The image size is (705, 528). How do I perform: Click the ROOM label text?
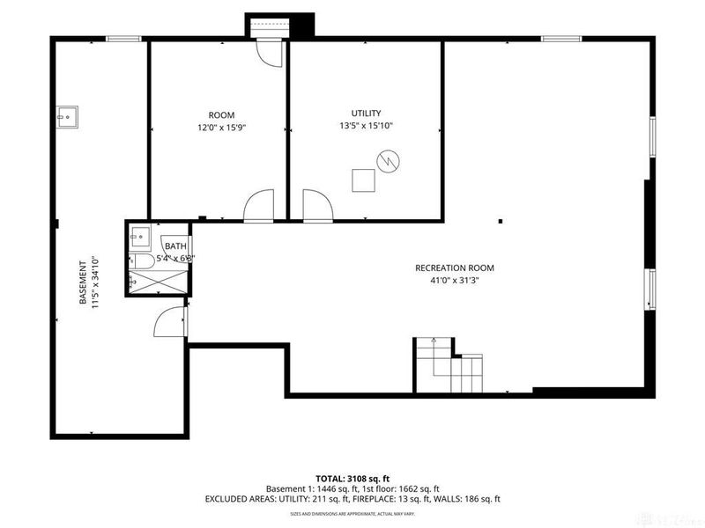coord(221,115)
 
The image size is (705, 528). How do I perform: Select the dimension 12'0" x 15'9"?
coord(221,128)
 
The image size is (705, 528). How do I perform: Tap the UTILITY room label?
coord(366,113)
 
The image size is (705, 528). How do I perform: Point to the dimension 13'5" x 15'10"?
coord(367,126)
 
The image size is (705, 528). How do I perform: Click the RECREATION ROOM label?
coord(455,268)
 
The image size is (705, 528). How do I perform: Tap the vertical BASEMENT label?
coord(82,281)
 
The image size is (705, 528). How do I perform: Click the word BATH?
coord(175,246)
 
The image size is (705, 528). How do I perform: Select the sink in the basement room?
coord(67,116)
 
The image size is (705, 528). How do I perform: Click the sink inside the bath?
coord(138,237)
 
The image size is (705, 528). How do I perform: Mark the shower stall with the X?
coord(156,282)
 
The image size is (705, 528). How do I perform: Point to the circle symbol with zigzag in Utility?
coord(388,161)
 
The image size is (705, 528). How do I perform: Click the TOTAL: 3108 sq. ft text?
coord(352,478)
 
